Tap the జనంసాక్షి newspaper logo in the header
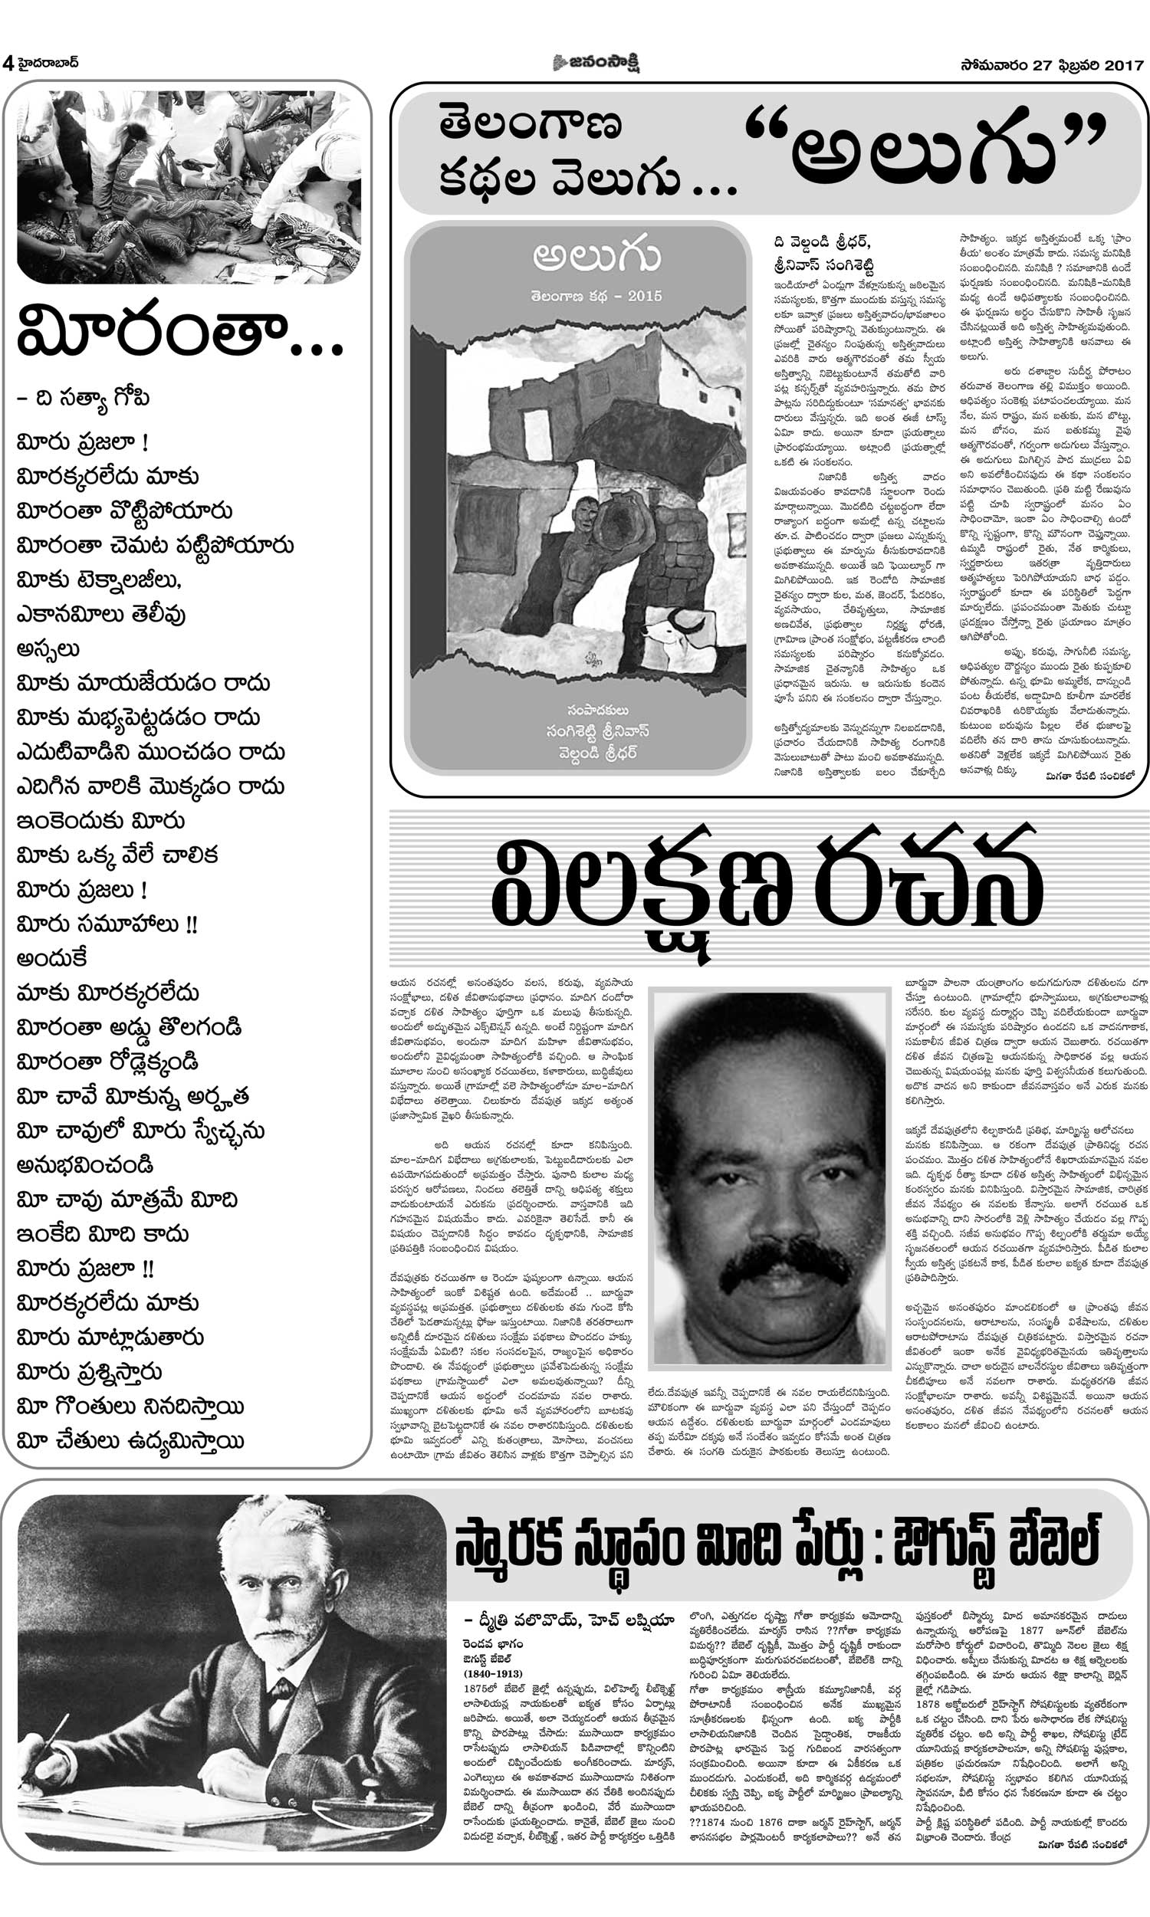tap(596, 63)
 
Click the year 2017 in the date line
tap(1125, 65)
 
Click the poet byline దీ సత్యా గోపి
tap(84, 398)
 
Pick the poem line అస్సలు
tap(48, 649)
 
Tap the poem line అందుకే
tap(52, 958)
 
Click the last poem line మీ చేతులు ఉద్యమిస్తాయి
tap(130, 1441)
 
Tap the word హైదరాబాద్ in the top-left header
tap(48, 63)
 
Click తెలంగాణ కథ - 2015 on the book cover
tap(596, 296)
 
